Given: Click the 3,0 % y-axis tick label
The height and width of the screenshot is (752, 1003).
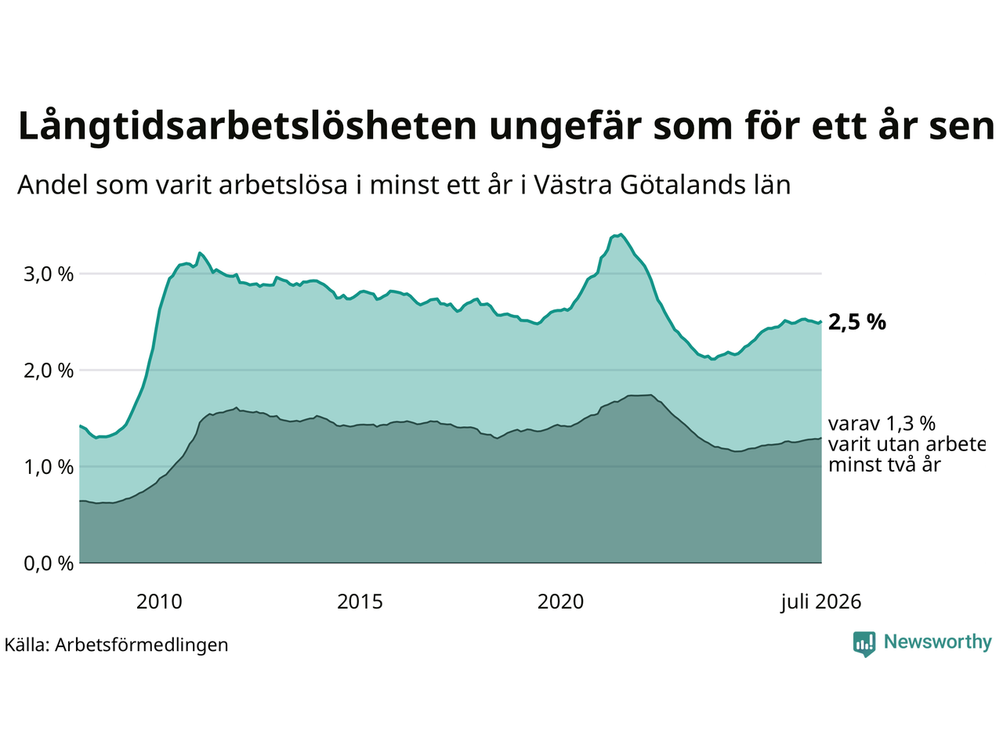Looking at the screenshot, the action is pos(49,274).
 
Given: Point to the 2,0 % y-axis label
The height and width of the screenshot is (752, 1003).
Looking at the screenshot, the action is pos(49,371).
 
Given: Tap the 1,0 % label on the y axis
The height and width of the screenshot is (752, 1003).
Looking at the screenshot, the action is pos(49,467).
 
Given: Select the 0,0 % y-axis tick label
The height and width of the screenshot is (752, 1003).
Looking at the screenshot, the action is pos(49,563).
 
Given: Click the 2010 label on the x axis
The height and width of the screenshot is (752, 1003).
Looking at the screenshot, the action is pos(159,602).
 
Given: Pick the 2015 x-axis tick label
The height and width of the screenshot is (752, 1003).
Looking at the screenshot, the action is pos(360,602).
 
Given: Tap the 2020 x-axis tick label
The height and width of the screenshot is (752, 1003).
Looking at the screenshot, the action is pos(560,602).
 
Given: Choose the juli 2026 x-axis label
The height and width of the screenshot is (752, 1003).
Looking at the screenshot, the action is pos(821,602).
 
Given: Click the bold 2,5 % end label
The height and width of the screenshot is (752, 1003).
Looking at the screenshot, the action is pos(856,323).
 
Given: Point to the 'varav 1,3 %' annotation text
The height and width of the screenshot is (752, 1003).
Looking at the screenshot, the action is pos(882,424).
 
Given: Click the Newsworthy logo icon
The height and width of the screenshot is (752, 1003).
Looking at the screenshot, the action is pos(864,644).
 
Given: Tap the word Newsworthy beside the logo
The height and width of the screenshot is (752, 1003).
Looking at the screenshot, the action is pos(938,642).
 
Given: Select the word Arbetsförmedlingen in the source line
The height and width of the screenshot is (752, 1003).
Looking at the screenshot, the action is pos(142,645).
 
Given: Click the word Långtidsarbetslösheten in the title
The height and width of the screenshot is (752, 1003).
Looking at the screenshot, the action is pos(247,126).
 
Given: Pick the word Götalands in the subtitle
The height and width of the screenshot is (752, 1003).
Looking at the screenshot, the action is pos(675,185).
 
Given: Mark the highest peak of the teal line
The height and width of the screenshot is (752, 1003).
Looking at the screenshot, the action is pos(621,234).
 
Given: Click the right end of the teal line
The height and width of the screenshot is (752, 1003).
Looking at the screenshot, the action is pos(821,322).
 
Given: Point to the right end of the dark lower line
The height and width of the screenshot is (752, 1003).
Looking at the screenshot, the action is pos(821,438).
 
